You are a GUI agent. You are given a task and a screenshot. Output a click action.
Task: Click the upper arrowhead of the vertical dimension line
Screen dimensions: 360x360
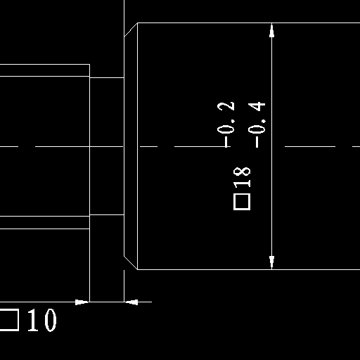click(271, 30)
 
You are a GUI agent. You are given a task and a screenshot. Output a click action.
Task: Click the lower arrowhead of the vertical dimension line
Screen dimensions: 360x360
click(271, 262)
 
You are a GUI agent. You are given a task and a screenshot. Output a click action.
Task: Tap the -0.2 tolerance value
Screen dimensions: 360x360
click(226, 124)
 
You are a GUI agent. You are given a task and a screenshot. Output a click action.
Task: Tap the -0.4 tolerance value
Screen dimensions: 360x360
click(257, 124)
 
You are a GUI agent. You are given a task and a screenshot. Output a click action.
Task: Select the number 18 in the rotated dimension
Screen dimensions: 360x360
click(242, 177)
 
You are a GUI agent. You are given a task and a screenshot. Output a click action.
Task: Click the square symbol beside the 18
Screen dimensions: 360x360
click(242, 202)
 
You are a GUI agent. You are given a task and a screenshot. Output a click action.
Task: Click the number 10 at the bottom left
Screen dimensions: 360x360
click(42, 320)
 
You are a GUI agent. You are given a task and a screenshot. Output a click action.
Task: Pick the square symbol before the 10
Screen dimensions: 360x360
click(9, 320)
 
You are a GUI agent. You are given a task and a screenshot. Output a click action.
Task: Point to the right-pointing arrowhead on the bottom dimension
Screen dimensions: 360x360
click(82, 302)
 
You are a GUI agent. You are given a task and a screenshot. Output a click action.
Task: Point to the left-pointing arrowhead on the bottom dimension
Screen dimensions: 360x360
click(131, 302)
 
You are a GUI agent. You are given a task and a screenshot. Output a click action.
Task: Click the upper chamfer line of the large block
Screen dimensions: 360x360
click(131, 30)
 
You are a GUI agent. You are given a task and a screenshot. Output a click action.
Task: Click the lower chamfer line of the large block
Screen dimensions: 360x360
click(131, 263)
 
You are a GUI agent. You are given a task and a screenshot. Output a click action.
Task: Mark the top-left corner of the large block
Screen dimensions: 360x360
click(138, 23)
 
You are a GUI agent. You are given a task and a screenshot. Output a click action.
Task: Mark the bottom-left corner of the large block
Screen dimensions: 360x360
click(138, 269)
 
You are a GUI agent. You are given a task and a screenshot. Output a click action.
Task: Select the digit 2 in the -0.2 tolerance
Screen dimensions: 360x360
click(226, 106)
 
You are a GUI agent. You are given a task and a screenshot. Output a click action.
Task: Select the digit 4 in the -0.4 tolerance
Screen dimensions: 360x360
click(257, 106)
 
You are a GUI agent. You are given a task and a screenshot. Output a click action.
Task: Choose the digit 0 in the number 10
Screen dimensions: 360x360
click(51, 320)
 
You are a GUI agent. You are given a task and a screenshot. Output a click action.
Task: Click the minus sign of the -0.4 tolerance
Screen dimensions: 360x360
click(257, 143)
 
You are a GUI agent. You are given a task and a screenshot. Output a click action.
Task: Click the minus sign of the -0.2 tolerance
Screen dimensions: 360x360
click(226, 143)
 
